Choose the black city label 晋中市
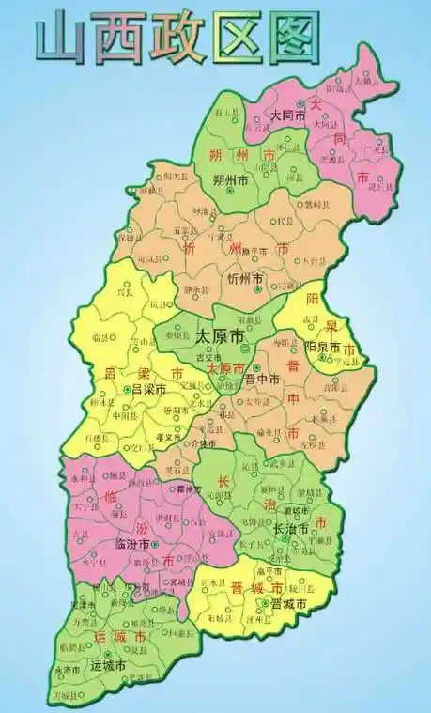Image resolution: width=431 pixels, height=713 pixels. click(262, 380)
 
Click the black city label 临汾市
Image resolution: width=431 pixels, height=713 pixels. click(131, 544)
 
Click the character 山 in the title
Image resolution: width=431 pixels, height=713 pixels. click(61, 38)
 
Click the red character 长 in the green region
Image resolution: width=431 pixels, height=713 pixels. click(224, 483)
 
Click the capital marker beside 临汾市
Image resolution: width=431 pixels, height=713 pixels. click(156, 544)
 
